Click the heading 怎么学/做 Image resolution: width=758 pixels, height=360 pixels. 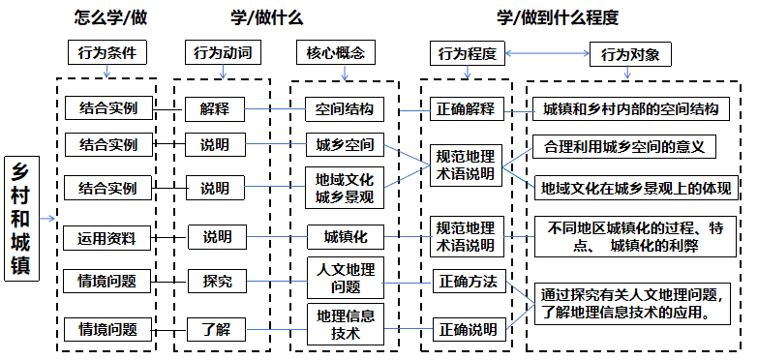(107, 17)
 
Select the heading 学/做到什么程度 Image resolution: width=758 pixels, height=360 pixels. (557, 17)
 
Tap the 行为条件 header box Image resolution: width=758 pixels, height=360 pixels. (107, 53)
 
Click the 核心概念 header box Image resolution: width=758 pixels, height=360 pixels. (336, 53)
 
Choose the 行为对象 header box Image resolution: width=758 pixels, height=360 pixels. (630, 55)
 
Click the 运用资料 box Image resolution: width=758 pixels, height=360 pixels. (106, 237)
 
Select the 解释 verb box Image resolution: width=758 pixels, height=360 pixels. (216, 107)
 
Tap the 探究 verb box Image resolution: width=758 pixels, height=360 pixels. (217, 282)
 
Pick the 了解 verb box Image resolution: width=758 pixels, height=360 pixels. (217, 329)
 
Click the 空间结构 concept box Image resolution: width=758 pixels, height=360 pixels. (337, 107)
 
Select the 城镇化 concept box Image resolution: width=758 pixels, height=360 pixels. (337, 236)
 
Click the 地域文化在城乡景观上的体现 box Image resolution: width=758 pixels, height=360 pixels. (636, 187)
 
